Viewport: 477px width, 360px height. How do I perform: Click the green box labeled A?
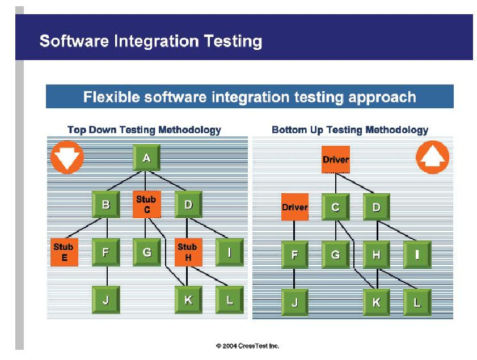tap(147, 158)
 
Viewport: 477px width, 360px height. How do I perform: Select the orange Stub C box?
tap(147, 204)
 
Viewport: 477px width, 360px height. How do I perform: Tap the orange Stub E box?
tap(64, 252)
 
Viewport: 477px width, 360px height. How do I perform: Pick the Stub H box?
tap(188, 252)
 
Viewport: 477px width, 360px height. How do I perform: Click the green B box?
tap(106, 204)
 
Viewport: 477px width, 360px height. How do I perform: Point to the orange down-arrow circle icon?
tap(67, 157)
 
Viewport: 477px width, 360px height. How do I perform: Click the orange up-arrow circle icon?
tap(432, 157)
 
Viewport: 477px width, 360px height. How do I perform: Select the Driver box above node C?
tap(336, 159)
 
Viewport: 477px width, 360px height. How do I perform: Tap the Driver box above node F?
tap(295, 207)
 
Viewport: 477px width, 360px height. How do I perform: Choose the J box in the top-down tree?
tap(106, 300)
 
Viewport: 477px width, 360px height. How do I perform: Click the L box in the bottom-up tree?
tap(417, 302)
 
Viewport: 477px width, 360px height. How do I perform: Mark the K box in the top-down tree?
tap(188, 300)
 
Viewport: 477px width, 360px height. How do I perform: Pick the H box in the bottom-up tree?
tap(376, 255)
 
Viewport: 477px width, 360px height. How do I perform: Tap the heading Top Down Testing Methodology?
tap(144, 130)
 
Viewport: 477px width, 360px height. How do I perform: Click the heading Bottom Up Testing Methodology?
tap(350, 130)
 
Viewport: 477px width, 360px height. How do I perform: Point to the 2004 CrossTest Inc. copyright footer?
tap(247, 346)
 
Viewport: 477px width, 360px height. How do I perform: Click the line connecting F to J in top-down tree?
tap(107, 276)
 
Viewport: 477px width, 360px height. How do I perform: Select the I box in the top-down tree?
tap(230, 252)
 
